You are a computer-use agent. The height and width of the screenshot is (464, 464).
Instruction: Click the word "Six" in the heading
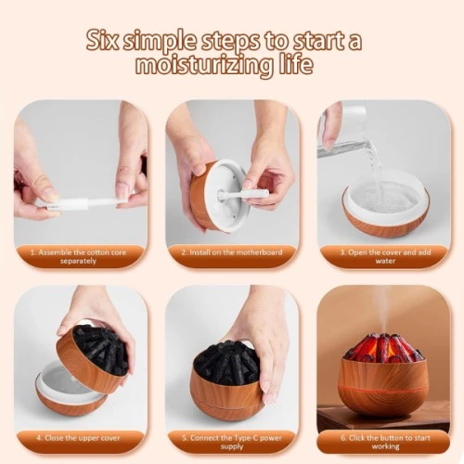(102, 41)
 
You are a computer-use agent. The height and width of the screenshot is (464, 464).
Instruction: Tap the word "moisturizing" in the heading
(204, 65)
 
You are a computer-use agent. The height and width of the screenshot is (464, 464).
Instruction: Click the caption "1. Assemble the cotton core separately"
(78, 257)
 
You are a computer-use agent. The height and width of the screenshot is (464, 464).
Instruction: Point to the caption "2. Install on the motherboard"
(232, 252)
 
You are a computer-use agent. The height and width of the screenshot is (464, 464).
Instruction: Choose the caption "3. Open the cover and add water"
(385, 257)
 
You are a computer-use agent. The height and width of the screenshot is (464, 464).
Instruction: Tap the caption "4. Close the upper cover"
(78, 438)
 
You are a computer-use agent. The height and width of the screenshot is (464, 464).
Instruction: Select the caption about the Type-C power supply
(232, 443)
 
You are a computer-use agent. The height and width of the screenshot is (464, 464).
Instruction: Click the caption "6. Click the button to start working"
(385, 443)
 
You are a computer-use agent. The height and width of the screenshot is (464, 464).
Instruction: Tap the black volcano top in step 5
(227, 362)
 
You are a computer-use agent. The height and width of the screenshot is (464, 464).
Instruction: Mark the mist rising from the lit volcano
(382, 313)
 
